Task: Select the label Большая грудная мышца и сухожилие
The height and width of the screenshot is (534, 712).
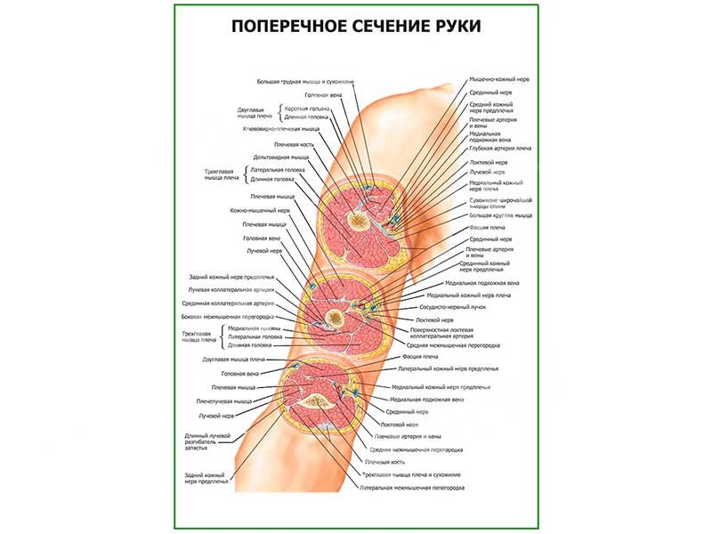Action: [x=304, y=81]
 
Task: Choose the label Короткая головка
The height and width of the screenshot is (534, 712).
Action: [x=307, y=109]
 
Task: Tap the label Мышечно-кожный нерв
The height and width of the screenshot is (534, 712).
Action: [x=500, y=79]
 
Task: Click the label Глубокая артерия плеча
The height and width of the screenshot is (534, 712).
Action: [x=500, y=149]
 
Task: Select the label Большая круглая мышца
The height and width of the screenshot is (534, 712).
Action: [x=500, y=215]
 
